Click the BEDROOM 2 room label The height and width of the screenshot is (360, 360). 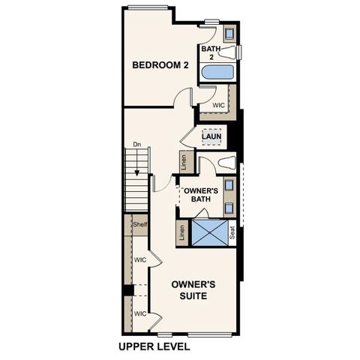[160, 65]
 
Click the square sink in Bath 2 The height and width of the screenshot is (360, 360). [229, 33]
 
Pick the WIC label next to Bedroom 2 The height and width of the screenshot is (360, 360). [219, 106]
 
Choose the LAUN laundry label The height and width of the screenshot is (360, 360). [211, 136]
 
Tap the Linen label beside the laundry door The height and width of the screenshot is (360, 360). [183, 161]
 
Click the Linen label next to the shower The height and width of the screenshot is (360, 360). [182, 233]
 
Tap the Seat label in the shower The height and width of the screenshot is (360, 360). [232, 233]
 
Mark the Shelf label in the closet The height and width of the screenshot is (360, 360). [139, 224]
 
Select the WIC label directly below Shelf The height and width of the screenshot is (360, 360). [139, 260]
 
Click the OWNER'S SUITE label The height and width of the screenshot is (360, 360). [193, 290]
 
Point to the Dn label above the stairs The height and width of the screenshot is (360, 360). [136, 144]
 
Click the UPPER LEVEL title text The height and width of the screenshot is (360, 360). [154, 347]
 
